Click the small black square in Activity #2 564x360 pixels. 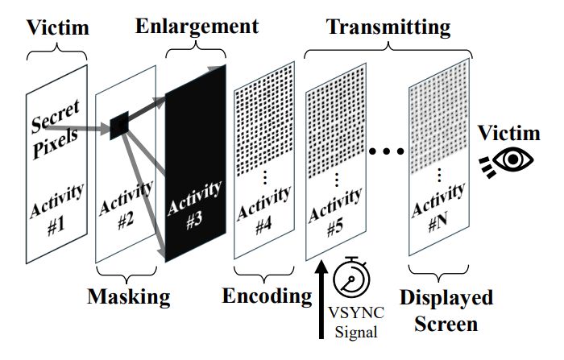coord(119,122)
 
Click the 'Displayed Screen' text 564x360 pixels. coord(448,311)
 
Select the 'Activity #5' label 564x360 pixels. coord(334,213)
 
